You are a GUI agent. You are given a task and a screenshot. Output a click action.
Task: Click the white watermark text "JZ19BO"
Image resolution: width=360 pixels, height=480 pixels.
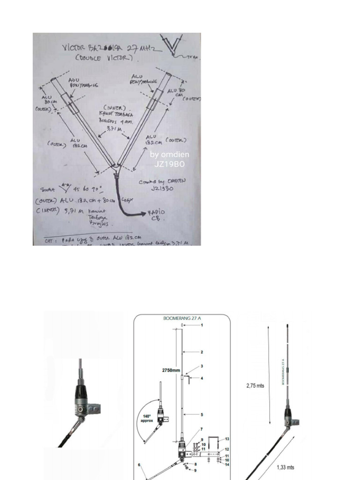168,165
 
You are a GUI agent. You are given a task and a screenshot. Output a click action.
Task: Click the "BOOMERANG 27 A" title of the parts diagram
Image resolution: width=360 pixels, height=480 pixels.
182,318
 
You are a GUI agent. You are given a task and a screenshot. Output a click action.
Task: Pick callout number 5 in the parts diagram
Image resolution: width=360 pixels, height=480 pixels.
202,414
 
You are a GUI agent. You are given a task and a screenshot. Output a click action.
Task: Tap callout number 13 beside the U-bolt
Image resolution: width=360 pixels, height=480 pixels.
227,439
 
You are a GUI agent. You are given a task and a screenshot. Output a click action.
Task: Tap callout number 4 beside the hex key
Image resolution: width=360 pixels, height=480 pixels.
202,378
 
